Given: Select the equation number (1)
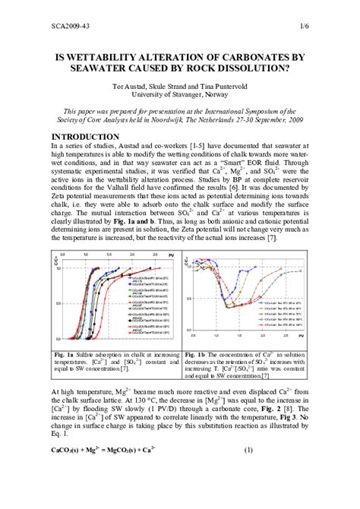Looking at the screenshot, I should (248, 471).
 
